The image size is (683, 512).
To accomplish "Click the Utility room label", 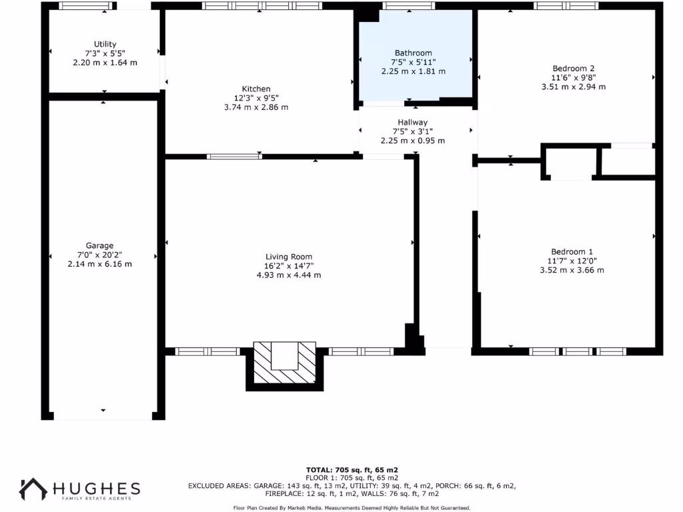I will [x=105, y=44].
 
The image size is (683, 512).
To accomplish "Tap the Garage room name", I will [x=99, y=245].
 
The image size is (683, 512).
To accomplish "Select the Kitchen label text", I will [x=256, y=89].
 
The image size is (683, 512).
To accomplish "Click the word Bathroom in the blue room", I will [x=413, y=53].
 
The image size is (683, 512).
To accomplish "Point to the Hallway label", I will [x=412, y=122].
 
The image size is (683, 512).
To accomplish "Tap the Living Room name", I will [x=289, y=257].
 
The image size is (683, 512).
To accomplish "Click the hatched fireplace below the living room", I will [x=285, y=365].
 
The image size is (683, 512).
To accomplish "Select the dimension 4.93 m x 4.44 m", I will [x=289, y=275].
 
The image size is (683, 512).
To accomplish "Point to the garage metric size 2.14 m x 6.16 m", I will [x=99, y=264].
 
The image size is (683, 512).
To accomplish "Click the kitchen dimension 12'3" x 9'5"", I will [x=256, y=98].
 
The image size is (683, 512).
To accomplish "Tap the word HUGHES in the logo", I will [x=97, y=487].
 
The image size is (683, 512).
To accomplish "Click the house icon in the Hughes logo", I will [x=33, y=489].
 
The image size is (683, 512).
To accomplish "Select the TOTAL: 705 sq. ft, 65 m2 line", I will [x=352, y=470].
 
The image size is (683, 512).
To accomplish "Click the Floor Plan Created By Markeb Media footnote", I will [x=352, y=508].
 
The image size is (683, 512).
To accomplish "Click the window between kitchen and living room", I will [x=234, y=157].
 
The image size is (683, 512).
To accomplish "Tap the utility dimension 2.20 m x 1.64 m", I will [x=105, y=63].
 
